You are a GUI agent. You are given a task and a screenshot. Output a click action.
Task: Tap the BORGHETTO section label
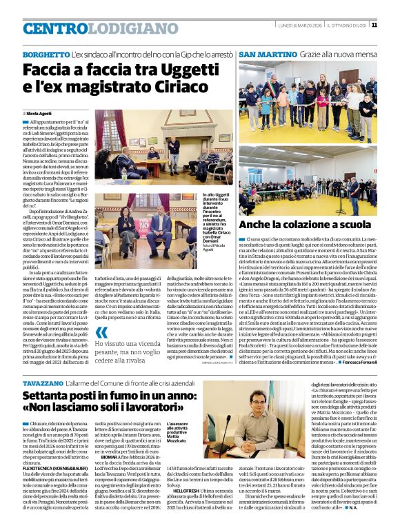click(46, 54)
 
